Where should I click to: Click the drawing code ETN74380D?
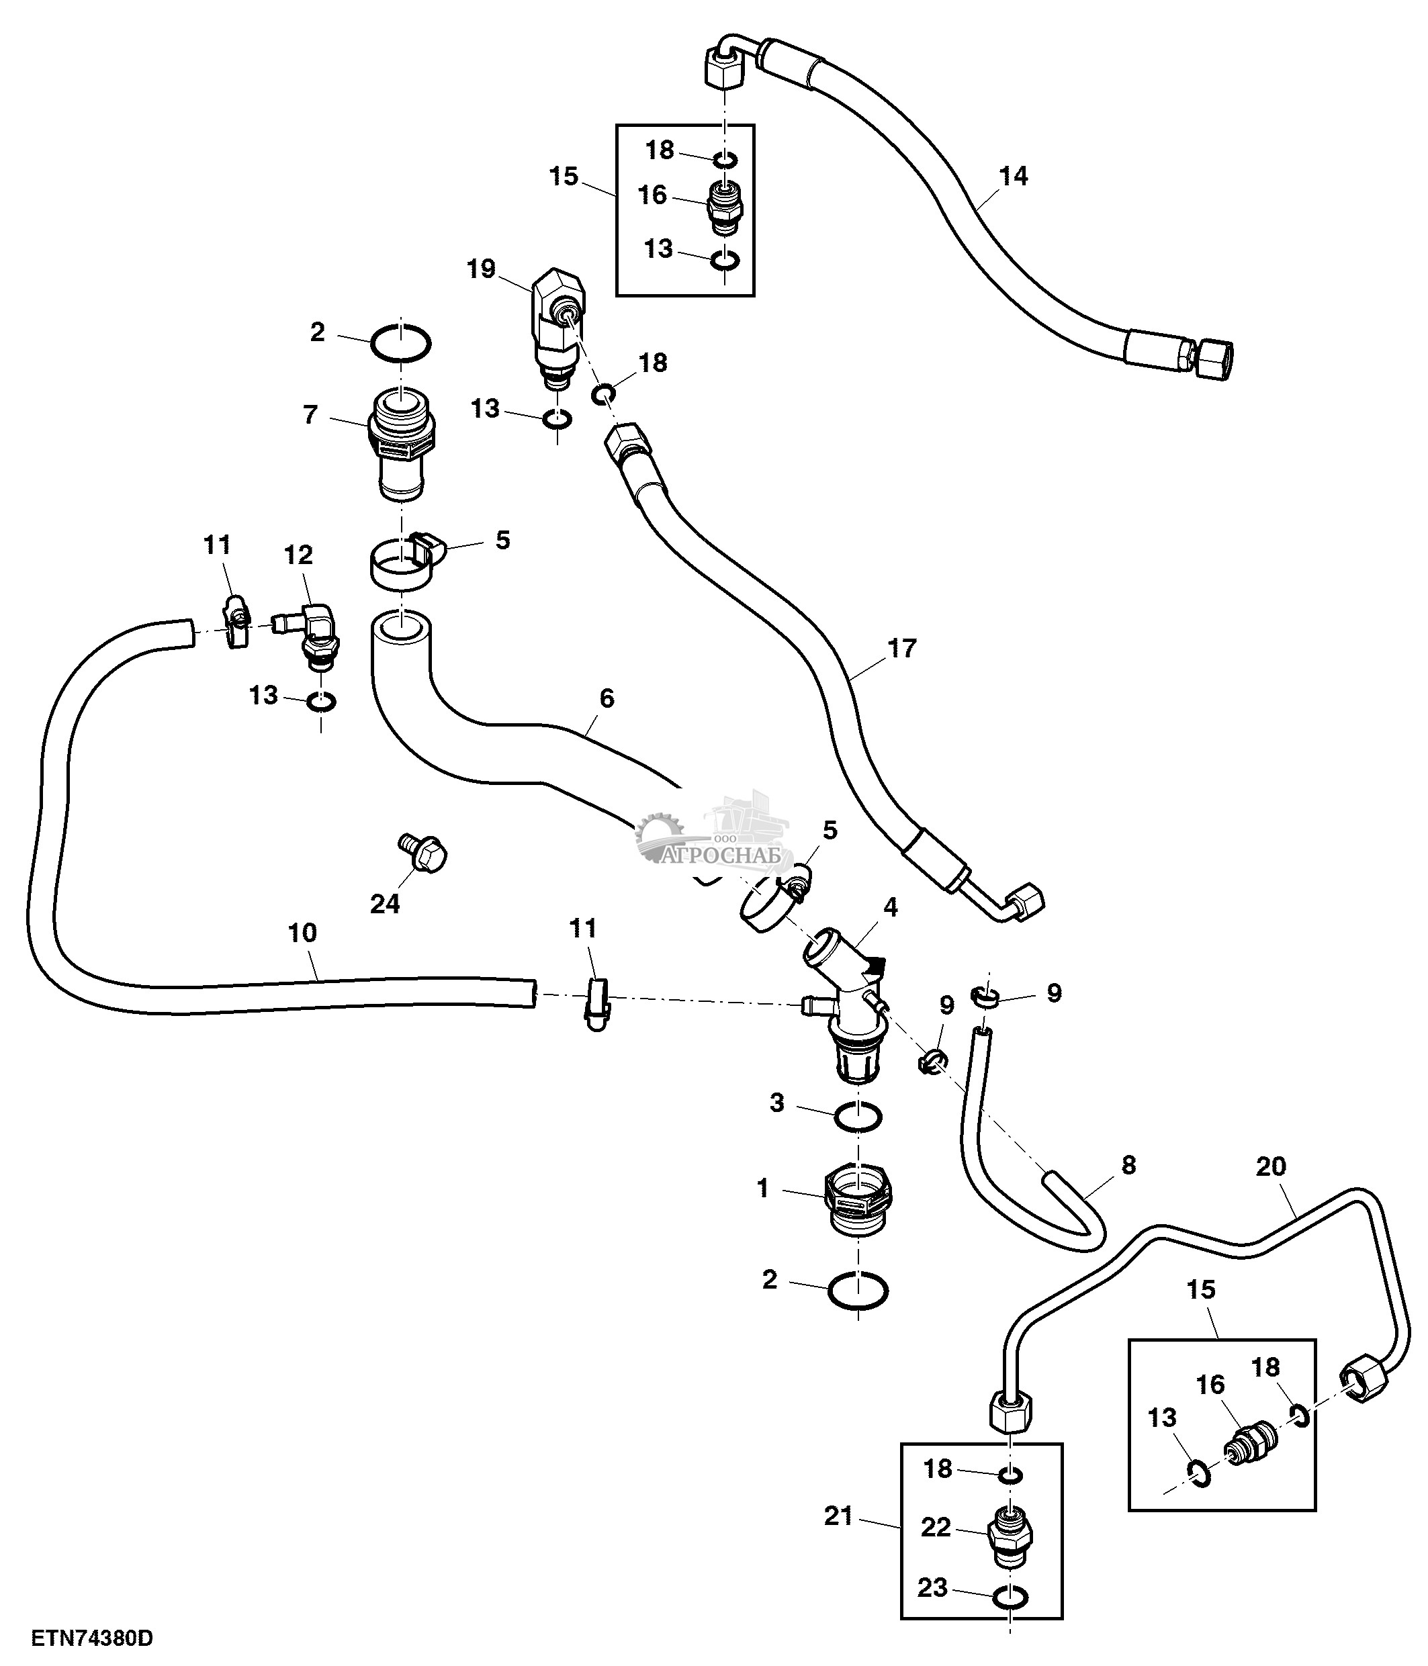point(93,1638)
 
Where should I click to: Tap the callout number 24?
point(385,905)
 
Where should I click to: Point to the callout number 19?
point(482,269)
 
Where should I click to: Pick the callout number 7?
point(310,416)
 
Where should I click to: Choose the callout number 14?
point(1013,176)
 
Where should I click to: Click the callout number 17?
point(902,648)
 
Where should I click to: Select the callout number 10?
point(302,933)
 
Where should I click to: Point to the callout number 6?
point(607,698)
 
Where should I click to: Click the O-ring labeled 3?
point(858,1117)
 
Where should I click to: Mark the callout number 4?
point(890,907)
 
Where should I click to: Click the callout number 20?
point(1270,1166)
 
